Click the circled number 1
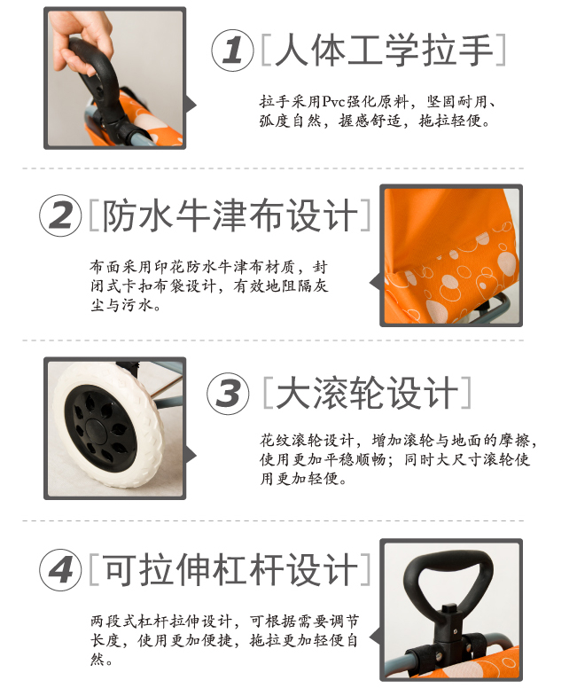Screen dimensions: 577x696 point(232,51)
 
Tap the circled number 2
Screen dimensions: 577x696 point(61,215)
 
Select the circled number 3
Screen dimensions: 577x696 point(228,394)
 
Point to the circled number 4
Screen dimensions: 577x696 point(61,570)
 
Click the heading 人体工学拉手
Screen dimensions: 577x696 point(385,50)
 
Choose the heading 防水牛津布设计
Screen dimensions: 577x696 point(230,215)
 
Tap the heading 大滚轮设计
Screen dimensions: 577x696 point(368,393)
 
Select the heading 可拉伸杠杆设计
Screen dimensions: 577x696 point(230,569)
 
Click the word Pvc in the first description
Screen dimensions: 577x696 point(333,102)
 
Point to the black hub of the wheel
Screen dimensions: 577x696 point(100,428)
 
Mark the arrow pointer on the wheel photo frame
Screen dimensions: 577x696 point(191,455)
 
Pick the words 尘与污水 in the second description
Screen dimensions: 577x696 point(121,305)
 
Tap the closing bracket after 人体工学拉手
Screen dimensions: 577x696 point(500,50)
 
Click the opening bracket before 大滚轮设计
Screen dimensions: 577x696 point(268,393)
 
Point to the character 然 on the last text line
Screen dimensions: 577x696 point(97,659)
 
